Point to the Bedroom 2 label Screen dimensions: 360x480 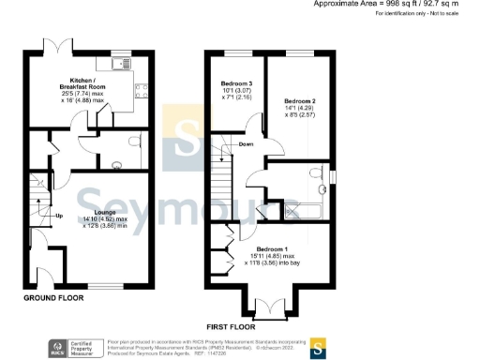tap(299, 99)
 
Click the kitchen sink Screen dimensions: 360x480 tap(121, 63)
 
